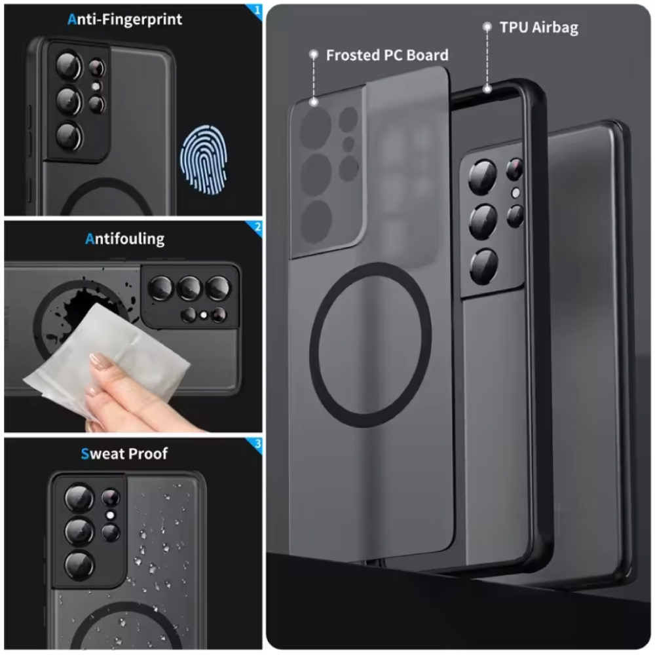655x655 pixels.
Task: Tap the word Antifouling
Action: tap(124, 238)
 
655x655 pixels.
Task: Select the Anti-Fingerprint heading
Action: tap(124, 19)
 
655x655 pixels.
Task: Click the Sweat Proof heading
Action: tap(124, 453)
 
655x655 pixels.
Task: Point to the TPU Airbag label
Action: tap(538, 28)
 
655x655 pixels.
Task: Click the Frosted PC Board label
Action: tap(387, 55)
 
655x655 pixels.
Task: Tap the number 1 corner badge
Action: tap(257, 10)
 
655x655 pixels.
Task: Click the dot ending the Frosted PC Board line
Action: tap(314, 102)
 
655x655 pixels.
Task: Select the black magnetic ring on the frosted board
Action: tap(371, 345)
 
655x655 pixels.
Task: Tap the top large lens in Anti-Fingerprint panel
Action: tap(68, 66)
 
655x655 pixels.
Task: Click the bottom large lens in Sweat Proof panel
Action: tap(78, 565)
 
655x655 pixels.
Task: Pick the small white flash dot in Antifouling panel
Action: tap(204, 316)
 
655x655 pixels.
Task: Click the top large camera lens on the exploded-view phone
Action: tap(483, 178)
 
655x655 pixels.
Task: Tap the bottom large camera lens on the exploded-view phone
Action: tap(484, 266)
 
